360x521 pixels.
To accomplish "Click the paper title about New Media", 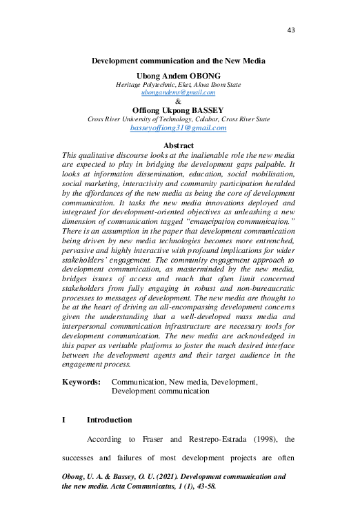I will coord(179,61).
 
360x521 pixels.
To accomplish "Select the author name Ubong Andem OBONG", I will coord(179,74).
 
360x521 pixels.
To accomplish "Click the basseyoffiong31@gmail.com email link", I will coord(179,128).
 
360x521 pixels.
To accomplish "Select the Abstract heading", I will coord(179,145).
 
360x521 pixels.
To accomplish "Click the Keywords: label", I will coord(81,381).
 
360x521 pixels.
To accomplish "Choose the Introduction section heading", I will coord(109,420).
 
